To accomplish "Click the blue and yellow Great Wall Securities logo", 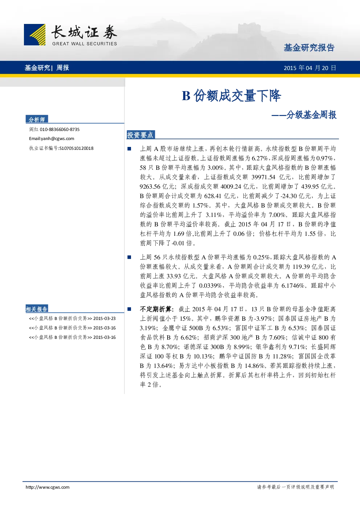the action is pos(34,34).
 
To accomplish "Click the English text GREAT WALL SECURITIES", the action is pos(85,44).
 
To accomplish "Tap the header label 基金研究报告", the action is pos(309,48).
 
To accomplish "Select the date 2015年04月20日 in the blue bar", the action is pos(310,68).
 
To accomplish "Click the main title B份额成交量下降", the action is pos(232,96).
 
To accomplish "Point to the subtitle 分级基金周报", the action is pos(311,115).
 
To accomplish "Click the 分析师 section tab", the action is pos(37,119).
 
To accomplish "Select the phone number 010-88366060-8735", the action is pos(60,130).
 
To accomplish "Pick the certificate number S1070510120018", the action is pos(76,148).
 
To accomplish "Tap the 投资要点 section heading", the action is pos(140,135).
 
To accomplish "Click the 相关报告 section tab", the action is pos(37,309).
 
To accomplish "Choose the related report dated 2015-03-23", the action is pos(72,319).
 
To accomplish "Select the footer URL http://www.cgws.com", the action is pos(48,487).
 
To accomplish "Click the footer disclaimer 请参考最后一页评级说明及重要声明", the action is pos(295,487).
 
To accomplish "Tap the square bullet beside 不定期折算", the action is pos(129,309).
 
